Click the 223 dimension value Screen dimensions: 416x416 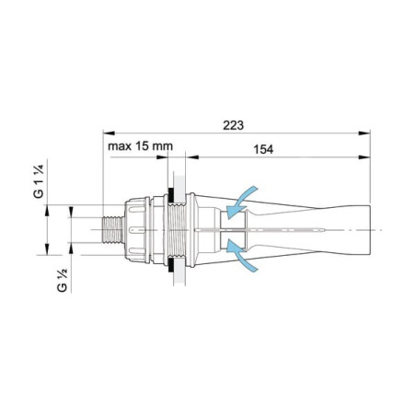[233, 125]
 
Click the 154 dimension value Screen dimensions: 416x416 [263, 149]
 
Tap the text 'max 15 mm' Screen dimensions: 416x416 [140, 146]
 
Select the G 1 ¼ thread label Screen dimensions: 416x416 [39, 181]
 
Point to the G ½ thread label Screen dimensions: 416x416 [62, 281]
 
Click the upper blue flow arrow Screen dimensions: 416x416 [241, 202]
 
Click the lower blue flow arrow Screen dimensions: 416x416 [241, 256]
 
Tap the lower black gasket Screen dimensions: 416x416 [169, 265]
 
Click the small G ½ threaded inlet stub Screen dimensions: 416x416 [113, 230]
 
